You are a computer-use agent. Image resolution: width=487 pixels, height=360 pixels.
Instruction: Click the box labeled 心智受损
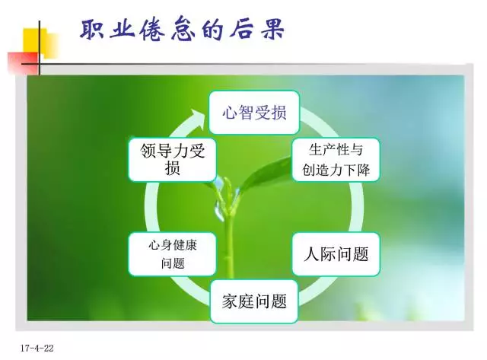tap(254, 113)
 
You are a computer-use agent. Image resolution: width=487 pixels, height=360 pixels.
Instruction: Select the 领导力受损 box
tap(173, 160)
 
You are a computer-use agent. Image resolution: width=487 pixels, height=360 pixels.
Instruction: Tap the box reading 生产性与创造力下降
tap(336, 160)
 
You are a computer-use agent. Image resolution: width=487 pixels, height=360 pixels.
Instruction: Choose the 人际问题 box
tap(336, 254)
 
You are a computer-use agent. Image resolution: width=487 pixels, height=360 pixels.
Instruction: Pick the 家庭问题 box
tap(254, 301)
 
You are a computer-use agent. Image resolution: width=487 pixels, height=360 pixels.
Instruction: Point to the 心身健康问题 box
tap(173, 254)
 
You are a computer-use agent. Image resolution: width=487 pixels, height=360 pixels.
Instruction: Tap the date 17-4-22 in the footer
tap(37, 348)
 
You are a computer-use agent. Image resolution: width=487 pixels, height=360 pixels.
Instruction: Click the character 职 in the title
tap(92, 30)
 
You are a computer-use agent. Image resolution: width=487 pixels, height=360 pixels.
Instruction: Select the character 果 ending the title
tap(273, 30)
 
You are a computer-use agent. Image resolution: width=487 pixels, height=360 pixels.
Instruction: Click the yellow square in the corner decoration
tap(40, 43)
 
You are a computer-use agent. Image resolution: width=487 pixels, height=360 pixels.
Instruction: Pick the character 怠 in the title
tap(183, 30)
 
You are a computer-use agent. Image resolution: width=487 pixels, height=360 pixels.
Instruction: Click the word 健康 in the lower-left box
tap(185, 245)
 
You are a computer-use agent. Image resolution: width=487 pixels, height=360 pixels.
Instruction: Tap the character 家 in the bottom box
tap(230, 301)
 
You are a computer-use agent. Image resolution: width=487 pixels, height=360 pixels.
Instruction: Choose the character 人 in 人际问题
tap(311, 254)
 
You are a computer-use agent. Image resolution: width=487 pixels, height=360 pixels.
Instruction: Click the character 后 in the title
tap(243, 30)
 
